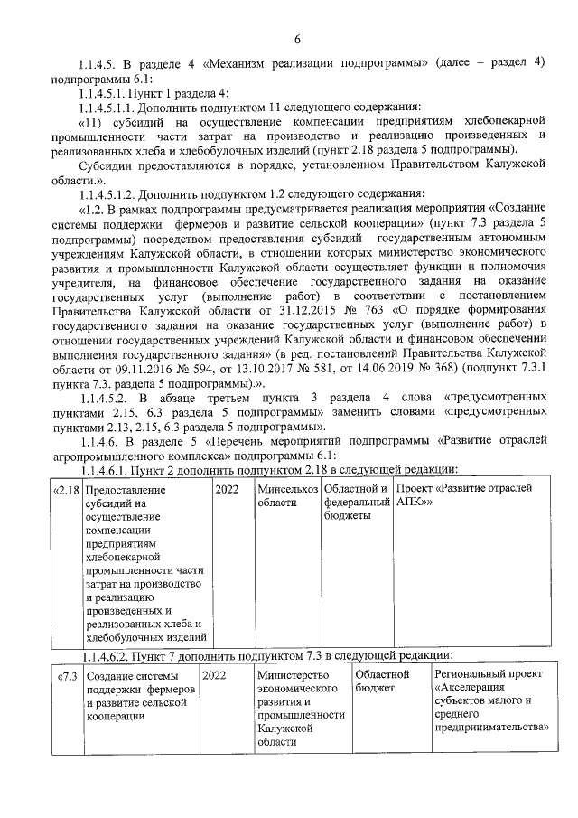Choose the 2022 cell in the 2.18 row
tap(229, 489)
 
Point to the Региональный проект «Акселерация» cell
tap(491, 700)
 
